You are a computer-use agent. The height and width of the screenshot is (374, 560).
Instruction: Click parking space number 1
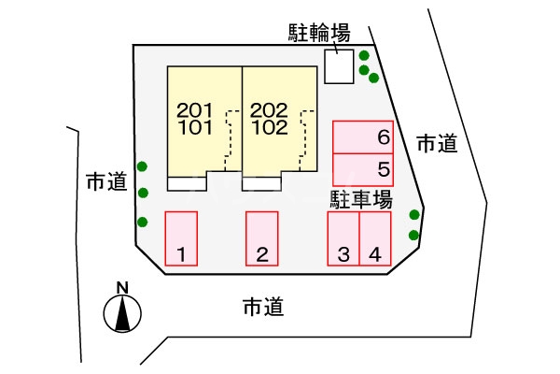[181, 238]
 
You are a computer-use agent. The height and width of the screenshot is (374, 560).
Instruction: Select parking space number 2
[262, 238]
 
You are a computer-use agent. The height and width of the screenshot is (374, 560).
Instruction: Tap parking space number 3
[343, 238]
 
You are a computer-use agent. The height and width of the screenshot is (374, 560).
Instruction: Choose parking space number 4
[374, 238]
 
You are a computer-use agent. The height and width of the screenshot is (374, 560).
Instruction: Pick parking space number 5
[363, 169]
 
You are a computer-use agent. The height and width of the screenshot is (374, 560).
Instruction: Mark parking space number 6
[363, 137]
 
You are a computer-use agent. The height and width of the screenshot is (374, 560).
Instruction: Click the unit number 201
[194, 109]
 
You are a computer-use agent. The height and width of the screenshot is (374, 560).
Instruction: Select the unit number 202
[269, 109]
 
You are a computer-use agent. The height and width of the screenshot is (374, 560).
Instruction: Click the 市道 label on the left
[105, 181]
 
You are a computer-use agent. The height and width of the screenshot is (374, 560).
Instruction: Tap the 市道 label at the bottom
[261, 306]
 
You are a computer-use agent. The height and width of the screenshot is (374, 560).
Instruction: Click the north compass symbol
[121, 314]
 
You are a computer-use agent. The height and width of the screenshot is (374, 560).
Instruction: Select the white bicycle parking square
[339, 65]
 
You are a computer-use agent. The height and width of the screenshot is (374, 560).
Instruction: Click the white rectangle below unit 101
[187, 183]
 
